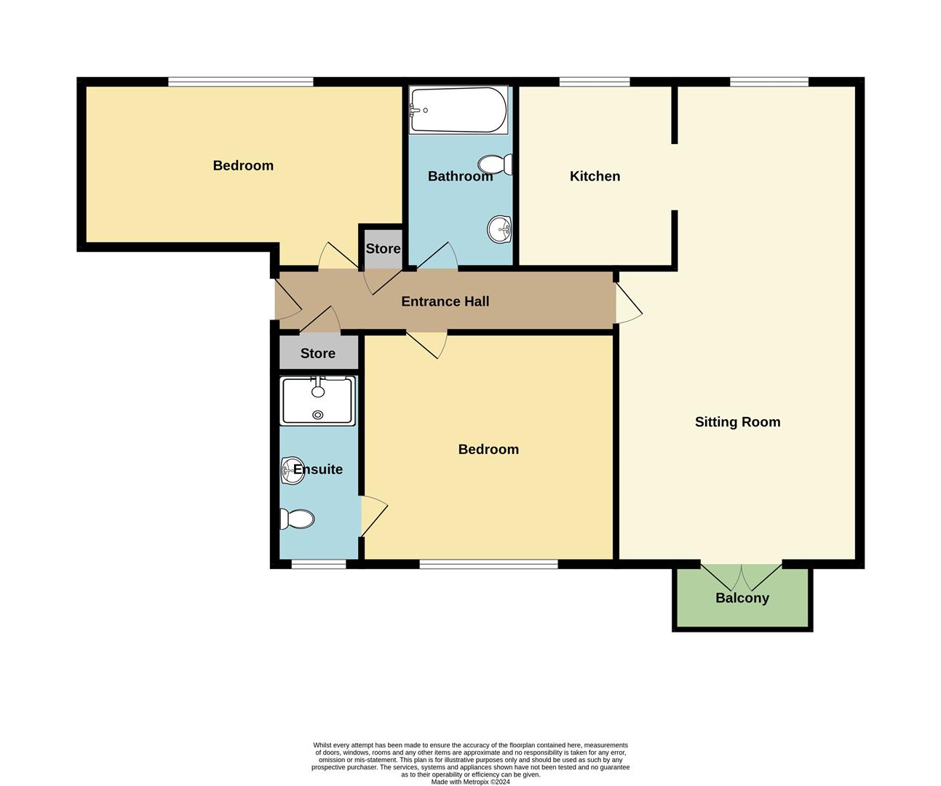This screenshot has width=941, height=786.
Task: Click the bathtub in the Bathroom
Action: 458,110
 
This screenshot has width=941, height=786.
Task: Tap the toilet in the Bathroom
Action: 496,164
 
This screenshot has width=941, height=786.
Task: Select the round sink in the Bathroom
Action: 500,229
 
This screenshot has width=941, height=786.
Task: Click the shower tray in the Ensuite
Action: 318,401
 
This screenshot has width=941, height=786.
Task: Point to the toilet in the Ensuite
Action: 298,519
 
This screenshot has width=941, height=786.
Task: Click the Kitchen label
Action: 595,176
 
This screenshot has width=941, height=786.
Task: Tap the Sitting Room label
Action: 737,422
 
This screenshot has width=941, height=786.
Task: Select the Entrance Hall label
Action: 445,301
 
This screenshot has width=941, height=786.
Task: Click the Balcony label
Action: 742,598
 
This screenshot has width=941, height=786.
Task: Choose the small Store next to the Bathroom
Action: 382,249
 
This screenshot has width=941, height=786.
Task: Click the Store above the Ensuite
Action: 318,354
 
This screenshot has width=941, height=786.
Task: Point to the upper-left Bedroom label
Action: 243,166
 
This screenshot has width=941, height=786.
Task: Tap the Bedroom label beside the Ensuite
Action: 488,450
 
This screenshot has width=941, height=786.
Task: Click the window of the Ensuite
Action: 319,563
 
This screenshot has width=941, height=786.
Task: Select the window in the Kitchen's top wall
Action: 594,82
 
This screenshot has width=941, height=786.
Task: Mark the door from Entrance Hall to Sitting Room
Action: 627,303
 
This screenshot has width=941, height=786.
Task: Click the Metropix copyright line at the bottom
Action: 470,782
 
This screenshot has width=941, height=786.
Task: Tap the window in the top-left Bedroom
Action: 240,82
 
